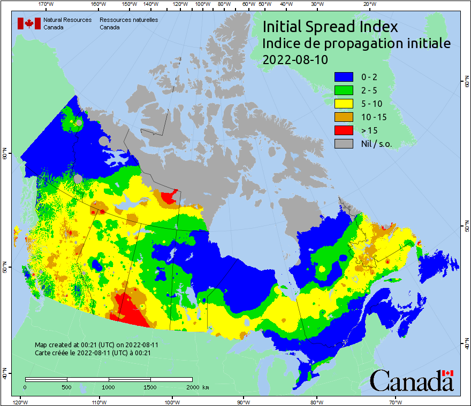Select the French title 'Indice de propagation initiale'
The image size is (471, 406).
[x=356, y=43]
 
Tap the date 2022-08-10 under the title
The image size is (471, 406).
[x=295, y=59]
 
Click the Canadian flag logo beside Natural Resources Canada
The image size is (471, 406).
[x=29, y=24]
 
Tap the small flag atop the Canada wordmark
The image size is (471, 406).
[x=447, y=373]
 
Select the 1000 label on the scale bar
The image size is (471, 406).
[x=109, y=387]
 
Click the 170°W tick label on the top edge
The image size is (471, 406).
[x=47, y=4]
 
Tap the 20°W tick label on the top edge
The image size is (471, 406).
[x=369, y=4]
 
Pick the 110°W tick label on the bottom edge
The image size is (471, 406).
[x=98, y=402]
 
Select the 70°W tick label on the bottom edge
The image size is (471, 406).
[x=395, y=402]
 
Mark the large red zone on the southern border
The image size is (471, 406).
[x=130, y=312]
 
